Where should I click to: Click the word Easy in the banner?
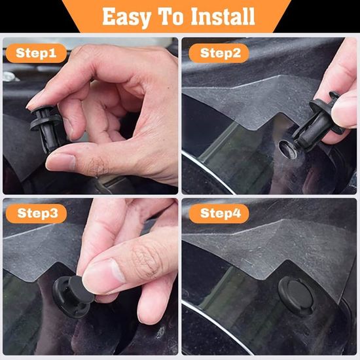tap(126, 17)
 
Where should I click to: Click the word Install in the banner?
tap(223, 16)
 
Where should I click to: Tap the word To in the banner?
tap(171, 16)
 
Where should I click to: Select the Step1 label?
tap(36, 53)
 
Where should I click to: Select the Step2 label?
tap(219, 53)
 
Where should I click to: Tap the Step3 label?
tap(36, 213)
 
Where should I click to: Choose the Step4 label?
tap(219, 213)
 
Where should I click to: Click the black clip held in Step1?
tap(46, 128)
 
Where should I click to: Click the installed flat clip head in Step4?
tap(296, 294)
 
